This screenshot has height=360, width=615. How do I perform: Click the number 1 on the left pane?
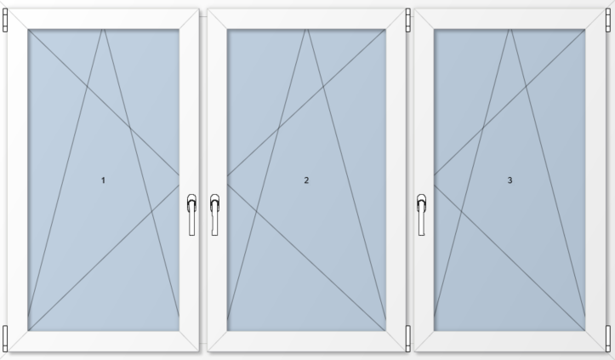tap(103, 180)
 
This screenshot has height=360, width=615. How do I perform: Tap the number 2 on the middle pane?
tap(306, 180)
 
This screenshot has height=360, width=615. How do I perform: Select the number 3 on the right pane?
tap(510, 180)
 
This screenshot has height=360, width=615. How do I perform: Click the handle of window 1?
tap(191, 214)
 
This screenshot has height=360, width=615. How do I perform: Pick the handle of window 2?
tap(214, 214)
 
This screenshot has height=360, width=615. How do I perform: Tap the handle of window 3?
tap(421, 214)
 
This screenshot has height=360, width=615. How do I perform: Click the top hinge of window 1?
tap(5, 20)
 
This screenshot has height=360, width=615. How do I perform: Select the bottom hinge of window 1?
tap(5, 338)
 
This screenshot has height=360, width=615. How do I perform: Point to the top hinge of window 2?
tap(408, 20)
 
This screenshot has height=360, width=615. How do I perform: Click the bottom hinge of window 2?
tap(408, 338)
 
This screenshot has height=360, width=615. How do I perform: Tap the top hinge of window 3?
tap(608, 20)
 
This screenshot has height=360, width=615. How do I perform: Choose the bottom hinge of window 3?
tap(608, 338)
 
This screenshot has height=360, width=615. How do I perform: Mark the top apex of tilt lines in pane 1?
tap(104, 30)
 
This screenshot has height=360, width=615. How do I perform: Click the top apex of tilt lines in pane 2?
tap(307, 30)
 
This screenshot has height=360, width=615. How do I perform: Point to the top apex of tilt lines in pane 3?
tap(510, 30)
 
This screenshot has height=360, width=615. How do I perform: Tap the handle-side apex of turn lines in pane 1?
tap(179, 180)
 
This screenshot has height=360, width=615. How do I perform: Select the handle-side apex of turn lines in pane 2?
tap(227, 180)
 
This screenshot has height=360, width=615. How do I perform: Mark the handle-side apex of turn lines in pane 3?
tap(434, 180)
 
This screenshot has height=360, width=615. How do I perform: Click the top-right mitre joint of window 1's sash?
tap(189, 19)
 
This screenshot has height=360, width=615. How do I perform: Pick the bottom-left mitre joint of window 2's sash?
tap(217, 340)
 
